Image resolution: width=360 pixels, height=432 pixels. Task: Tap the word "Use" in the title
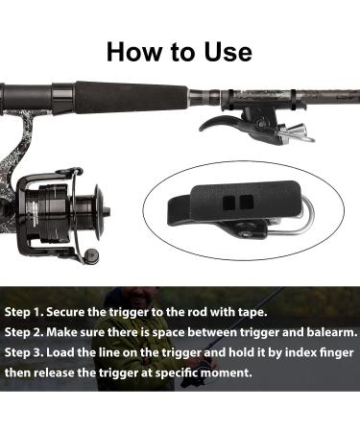click(x=228, y=52)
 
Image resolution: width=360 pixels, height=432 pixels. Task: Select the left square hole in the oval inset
click(x=228, y=203)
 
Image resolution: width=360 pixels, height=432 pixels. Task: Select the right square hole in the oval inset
click(x=247, y=202)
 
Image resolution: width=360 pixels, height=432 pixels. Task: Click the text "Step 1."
click(x=24, y=312)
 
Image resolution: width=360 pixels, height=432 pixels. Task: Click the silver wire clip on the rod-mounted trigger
click(x=296, y=133)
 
